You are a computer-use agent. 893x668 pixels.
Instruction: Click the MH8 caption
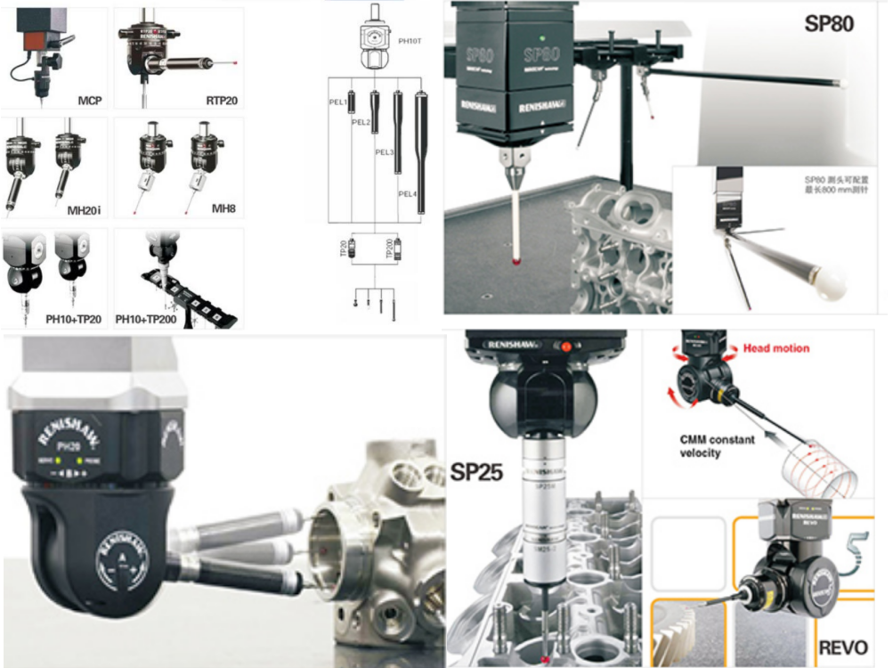223,209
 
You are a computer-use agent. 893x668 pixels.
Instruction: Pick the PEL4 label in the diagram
405,193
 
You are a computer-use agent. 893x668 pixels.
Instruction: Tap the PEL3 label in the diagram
384,152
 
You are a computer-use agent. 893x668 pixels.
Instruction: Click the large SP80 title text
828,24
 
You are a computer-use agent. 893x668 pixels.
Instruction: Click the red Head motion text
776,348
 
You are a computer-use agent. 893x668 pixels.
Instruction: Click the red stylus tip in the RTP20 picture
233,63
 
